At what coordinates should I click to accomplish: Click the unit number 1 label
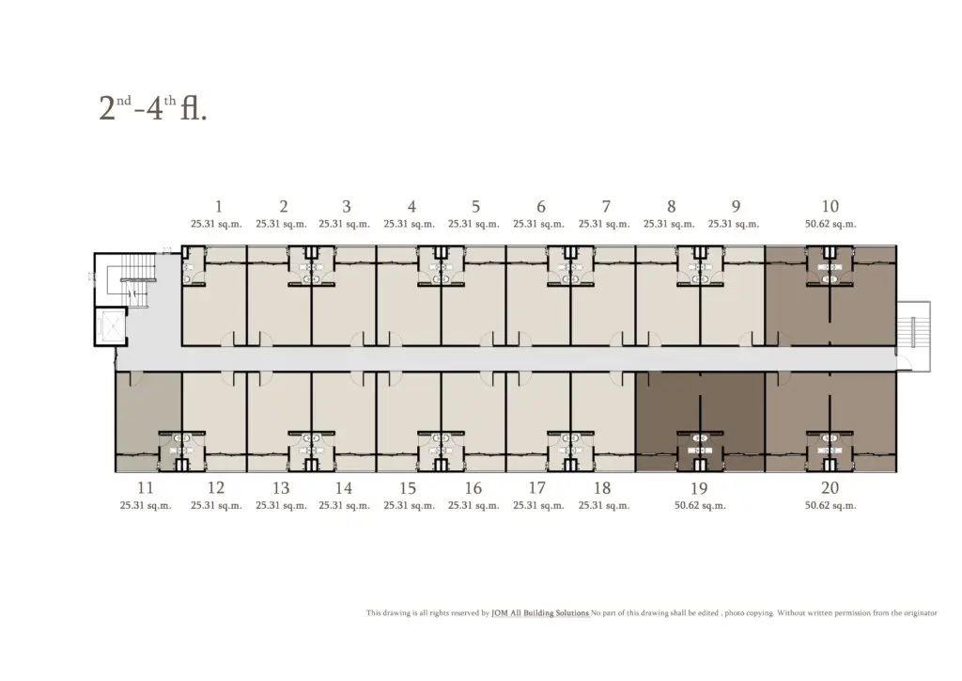pos(218,206)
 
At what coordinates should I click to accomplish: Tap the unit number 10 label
pos(830,206)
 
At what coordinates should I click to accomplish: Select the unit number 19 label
pos(699,488)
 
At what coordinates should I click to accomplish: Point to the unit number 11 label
pos(146,487)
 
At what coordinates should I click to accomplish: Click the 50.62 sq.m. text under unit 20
pos(830,506)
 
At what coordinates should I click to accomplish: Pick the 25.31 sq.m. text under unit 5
pos(473,224)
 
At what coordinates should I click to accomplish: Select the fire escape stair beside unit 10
pos(914,335)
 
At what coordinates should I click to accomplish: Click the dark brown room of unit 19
pos(700,421)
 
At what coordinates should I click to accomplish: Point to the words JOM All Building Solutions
pos(540,613)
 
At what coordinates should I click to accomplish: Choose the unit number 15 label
pos(408,488)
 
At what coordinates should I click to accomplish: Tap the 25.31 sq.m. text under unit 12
pos(216,506)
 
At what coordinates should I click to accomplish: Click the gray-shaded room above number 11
pos(148,421)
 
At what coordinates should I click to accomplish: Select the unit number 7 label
pos(606,206)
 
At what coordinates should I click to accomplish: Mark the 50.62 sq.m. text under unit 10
pos(830,224)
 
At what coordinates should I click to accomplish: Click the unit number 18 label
pos(602,488)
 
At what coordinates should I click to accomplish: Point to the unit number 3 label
pos(347,206)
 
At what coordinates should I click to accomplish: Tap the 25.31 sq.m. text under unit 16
pos(473,506)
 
